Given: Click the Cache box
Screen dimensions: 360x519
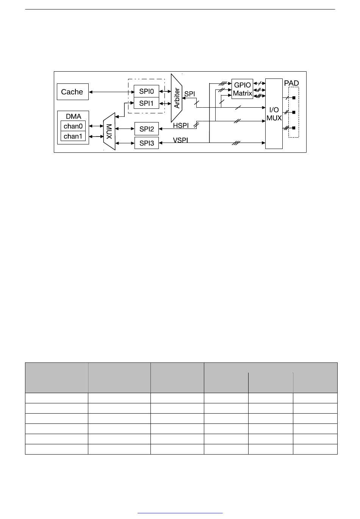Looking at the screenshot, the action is [x=72, y=92].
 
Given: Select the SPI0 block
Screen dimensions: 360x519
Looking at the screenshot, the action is [x=146, y=91].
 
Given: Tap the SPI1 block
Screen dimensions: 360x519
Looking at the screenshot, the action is [x=146, y=103].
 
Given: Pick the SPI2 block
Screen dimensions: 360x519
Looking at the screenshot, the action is [x=147, y=129].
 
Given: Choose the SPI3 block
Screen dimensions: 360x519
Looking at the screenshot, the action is [x=147, y=143].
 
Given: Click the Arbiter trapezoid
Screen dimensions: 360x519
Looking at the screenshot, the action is [x=177, y=98].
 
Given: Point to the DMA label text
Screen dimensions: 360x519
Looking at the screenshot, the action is [x=74, y=117].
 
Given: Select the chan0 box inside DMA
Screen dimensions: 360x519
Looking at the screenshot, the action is [x=73, y=126].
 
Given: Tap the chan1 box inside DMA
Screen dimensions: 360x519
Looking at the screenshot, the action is [x=73, y=136].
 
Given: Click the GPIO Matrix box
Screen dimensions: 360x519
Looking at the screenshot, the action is [x=242, y=89].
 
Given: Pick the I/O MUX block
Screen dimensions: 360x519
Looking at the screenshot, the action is [x=274, y=114].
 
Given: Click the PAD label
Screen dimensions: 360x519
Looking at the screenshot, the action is [x=291, y=83].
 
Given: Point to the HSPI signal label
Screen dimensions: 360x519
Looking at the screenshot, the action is [x=181, y=125].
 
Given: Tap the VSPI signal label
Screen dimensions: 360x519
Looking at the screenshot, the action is [x=181, y=140].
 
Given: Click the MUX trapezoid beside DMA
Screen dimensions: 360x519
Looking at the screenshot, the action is [x=109, y=131].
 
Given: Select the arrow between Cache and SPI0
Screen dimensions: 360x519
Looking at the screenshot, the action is [x=111, y=92].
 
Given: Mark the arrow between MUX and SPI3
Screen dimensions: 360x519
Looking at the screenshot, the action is [x=125, y=143].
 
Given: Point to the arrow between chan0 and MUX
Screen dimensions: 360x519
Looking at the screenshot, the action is [x=95, y=126].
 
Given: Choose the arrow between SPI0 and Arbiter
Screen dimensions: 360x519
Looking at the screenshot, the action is [x=165, y=91].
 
